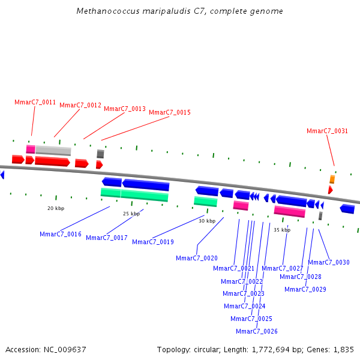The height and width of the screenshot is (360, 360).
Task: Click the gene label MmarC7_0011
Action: [35, 102]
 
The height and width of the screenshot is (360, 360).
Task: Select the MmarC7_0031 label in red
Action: [327, 131]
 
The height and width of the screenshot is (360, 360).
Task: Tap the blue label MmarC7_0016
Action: [61, 234]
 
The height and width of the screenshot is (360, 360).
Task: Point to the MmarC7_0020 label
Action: [197, 258]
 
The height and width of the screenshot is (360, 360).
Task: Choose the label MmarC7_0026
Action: [257, 331]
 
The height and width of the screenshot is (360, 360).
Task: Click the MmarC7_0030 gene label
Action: [329, 262]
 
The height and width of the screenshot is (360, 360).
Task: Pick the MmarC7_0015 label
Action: [170, 112]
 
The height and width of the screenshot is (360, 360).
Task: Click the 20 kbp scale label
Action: [56, 208]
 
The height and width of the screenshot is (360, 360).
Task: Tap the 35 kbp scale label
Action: [282, 230]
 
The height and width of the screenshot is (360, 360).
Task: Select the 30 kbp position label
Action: [207, 221]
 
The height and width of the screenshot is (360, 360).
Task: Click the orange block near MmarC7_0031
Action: [332, 179]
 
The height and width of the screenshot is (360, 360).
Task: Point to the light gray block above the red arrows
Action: [53, 151]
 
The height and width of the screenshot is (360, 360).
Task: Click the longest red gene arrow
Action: [52, 161]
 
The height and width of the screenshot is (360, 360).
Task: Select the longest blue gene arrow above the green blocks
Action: [146, 185]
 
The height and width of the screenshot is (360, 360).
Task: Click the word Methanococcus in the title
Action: [108, 11]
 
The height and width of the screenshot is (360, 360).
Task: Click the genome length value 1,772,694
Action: [271, 350]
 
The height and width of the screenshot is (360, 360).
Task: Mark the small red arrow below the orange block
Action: [331, 190]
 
